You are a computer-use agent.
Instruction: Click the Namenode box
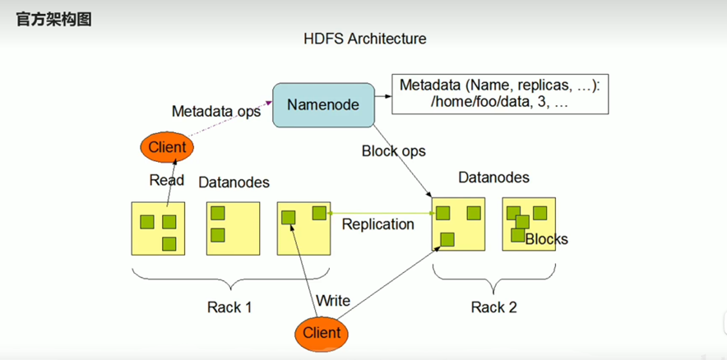pos(322,104)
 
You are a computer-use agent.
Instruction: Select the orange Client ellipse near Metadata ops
pos(167,148)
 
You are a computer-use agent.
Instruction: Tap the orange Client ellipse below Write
pos(322,333)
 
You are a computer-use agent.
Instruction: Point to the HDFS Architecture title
pos(364,39)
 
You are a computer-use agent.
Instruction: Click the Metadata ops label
pos(215,111)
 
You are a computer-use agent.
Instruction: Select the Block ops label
pos(394,151)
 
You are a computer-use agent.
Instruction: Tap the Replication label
pos(377,224)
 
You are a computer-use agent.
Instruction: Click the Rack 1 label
pos(229,307)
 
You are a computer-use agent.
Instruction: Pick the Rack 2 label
pos(493,307)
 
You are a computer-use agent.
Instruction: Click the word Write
pos(333,301)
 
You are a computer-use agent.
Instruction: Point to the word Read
pos(166,180)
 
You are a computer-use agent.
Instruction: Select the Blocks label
pos(546,239)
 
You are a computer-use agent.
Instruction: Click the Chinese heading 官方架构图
pos(53,18)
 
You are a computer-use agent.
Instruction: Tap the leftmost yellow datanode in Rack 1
pos(158,228)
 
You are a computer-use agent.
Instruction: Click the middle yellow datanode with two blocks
pos(233,228)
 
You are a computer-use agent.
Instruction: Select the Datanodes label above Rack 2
pos(493,178)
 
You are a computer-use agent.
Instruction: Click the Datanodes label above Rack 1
pos(234,182)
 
